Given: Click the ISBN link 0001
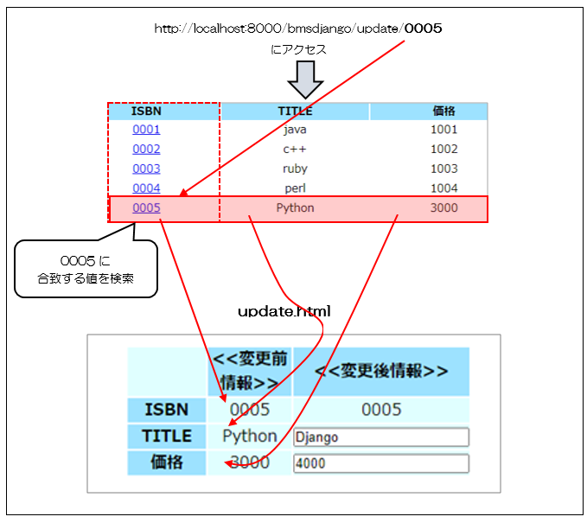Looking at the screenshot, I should (x=146, y=130).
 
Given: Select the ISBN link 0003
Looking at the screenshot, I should (x=146, y=169).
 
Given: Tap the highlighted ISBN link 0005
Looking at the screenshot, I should (x=146, y=208).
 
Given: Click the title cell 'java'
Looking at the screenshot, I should (x=295, y=130).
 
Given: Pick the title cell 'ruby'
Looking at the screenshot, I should (x=295, y=169).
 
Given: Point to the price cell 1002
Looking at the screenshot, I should (x=443, y=149).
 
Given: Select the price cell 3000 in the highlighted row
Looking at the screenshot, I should (x=443, y=208).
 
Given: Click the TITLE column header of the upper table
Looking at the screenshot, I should (x=295, y=111).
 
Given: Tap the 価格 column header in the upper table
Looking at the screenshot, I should (x=443, y=111).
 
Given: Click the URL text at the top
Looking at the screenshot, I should (x=298, y=29).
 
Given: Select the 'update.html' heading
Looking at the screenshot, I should (x=284, y=309).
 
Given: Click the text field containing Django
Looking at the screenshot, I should (x=381, y=437).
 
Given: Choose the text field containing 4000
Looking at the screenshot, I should (x=381, y=463).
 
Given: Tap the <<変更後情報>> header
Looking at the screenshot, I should (x=381, y=371).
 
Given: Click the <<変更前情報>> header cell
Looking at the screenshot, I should (x=250, y=371).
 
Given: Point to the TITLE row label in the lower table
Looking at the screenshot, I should (x=167, y=436).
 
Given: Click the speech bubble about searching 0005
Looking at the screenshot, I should (x=86, y=269).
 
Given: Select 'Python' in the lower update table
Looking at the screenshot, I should (x=250, y=436).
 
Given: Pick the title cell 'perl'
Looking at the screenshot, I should (x=295, y=188).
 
